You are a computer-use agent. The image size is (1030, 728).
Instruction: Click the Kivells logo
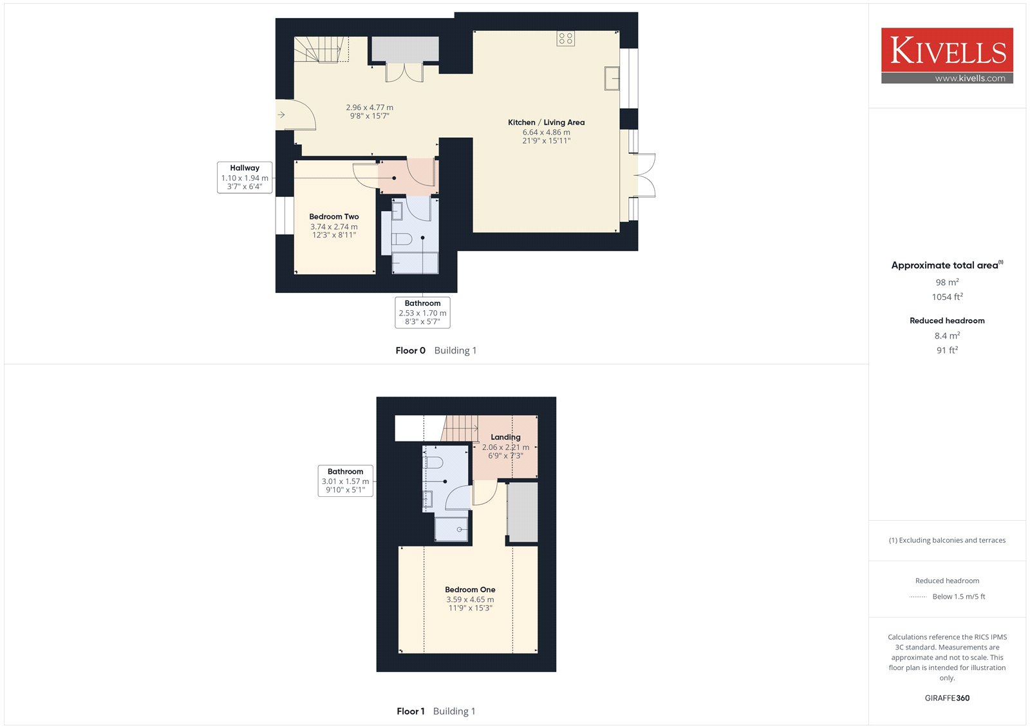click(x=947, y=55)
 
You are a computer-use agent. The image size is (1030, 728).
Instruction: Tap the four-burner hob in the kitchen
click(x=565, y=38)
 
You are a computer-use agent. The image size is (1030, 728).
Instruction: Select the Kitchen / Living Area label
click(x=546, y=122)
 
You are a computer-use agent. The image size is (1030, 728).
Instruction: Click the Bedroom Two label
click(x=334, y=217)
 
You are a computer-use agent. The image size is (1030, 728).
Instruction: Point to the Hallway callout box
click(x=245, y=178)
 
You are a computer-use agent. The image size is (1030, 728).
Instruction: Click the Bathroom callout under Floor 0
click(x=422, y=313)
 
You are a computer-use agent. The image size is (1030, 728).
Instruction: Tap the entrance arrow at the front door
click(x=281, y=115)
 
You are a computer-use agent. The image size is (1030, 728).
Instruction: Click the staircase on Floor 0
click(x=321, y=49)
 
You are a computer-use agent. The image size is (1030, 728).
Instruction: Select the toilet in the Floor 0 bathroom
click(x=402, y=239)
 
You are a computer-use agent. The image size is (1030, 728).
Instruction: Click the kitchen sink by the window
click(x=612, y=78)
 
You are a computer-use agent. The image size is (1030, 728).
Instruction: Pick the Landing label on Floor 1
click(x=505, y=437)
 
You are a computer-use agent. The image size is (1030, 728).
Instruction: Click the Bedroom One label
click(x=470, y=590)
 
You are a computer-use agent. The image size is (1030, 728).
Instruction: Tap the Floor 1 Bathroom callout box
click(x=345, y=481)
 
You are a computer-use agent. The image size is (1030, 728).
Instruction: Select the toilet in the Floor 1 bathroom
click(x=433, y=462)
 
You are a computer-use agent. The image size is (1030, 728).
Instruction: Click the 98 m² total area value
click(x=947, y=282)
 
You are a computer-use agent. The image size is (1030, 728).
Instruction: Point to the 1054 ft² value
click(x=947, y=297)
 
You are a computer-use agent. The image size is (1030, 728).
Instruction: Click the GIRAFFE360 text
click(x=947, y=698)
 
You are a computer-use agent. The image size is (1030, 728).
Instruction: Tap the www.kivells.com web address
click(x=970, y=78)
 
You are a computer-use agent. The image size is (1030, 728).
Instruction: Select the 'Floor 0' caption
click(x=410, y=350)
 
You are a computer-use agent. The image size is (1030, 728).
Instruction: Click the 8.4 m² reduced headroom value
click(x=947, y=335)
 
